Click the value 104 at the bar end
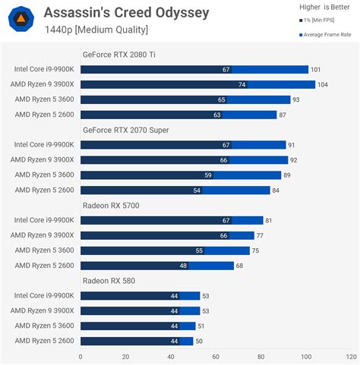322,84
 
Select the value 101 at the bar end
316,69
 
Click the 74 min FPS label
242,84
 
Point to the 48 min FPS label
183,266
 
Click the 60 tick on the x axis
216,356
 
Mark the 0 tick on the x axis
81,356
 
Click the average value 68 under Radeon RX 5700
240,266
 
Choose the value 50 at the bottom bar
200,341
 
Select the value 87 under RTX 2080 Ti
283,115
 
